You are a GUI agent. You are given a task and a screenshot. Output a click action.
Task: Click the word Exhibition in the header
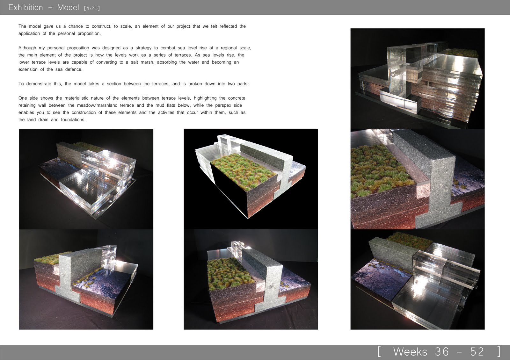click(25, 8)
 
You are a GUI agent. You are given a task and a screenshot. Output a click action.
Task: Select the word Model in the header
click(68, 8)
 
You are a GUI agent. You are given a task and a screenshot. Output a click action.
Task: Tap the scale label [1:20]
click(92, 9)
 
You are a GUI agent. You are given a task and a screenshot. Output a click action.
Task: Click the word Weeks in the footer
click(410, 352)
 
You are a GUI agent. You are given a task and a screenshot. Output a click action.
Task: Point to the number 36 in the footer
click(442, 352)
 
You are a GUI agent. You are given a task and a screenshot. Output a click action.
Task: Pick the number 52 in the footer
click(477, 352)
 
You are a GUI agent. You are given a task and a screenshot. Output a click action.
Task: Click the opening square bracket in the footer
click(379, 352)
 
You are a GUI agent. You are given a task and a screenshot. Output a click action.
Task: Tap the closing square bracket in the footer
click(499, 352)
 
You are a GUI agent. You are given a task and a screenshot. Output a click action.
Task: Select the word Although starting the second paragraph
click(27, 48)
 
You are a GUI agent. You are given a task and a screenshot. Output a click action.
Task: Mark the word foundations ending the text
click(73, 120)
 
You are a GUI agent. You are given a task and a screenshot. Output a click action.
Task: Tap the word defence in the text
click(74, 69)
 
